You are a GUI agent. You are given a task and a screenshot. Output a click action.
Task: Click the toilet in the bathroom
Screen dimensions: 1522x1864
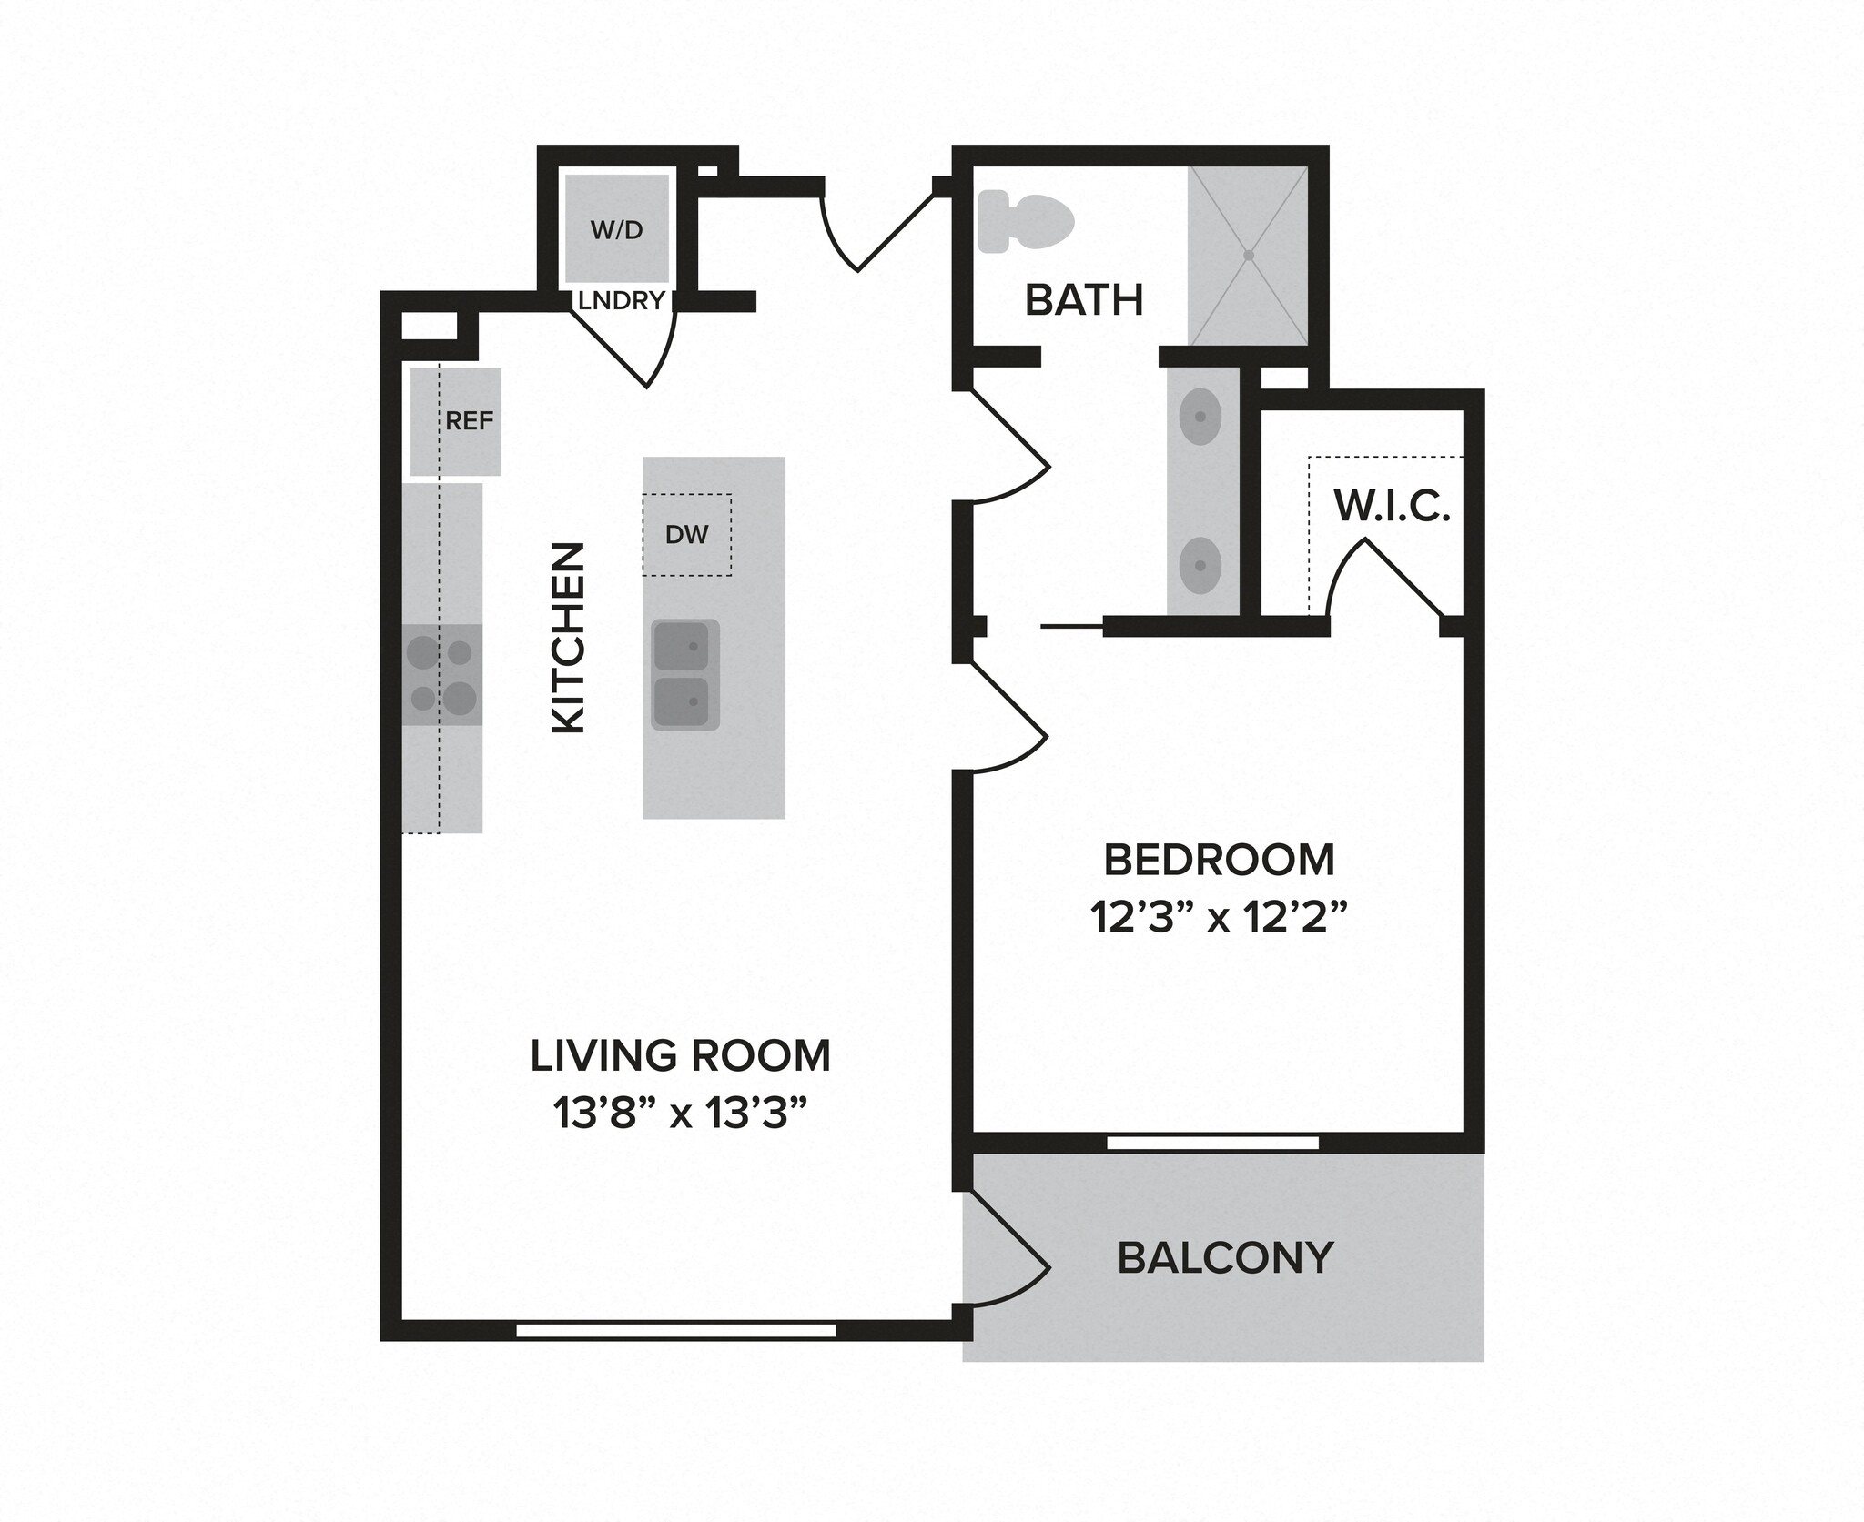[x=1025, y=221]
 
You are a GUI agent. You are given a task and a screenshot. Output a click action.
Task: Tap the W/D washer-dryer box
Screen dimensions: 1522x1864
[x=616, y=228]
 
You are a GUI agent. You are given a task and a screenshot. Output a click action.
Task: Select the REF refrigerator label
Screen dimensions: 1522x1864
[x=469, y=421]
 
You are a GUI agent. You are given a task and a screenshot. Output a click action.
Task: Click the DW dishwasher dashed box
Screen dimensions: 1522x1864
[x=686, y=535]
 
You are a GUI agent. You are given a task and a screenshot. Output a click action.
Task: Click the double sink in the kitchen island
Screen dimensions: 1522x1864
[x=685, y=674]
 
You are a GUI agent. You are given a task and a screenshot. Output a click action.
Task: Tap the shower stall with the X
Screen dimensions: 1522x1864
[x=1248, y=256]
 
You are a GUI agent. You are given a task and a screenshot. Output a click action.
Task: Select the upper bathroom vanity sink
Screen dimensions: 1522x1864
[x=1200, y=417]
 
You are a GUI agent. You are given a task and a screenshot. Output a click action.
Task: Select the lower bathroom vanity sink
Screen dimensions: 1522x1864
[x=1200, y=566]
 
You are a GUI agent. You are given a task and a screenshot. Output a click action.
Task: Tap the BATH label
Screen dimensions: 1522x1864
[x=1083, y=300]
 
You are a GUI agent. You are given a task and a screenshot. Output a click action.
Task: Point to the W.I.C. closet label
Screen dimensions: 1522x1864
[x=1391, y=507]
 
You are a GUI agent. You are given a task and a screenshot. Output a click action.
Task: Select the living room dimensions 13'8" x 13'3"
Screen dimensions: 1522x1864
[x=680, y=1114]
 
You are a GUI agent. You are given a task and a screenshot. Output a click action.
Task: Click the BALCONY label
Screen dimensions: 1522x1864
[x=1224, y=1258]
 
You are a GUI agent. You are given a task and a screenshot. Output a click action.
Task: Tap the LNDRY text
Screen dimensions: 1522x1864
[x=621, y=301]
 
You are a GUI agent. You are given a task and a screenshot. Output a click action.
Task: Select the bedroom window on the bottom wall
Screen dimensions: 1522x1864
[x=1212, y=1143]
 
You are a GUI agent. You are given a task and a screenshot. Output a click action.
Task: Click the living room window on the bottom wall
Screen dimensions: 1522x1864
[x=675, y=1330]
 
